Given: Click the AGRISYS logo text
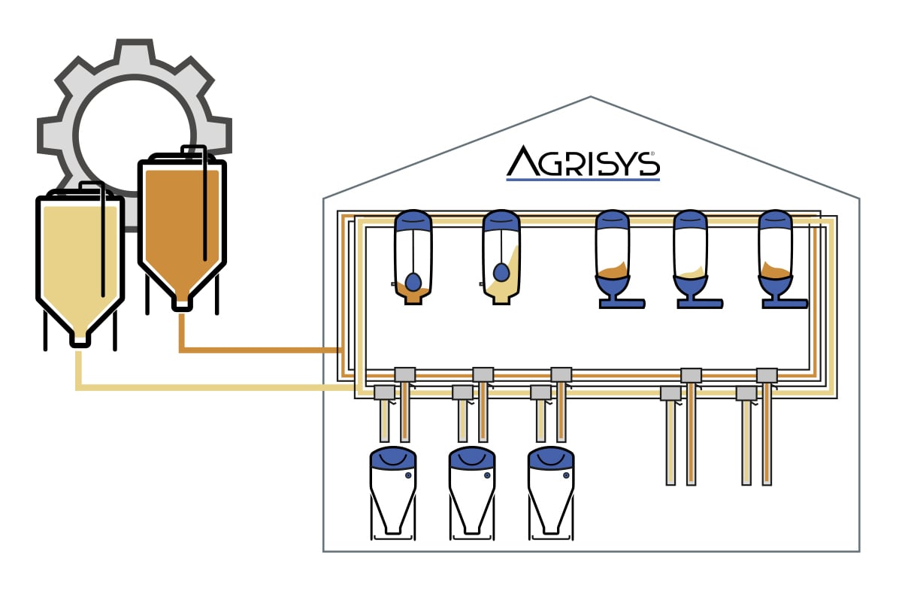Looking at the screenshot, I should point(583,162).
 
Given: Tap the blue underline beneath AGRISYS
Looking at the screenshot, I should point(583,180).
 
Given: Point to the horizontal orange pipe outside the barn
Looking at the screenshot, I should point(259,350).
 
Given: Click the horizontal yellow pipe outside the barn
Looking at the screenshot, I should point(210,387).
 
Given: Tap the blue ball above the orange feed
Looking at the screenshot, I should point(413,282).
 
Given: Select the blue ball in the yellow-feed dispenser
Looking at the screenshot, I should point(501,271).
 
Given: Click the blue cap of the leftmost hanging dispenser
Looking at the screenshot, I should point(413,220).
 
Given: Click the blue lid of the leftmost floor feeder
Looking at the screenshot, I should point(393,456).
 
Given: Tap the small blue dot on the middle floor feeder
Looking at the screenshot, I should point(487,475).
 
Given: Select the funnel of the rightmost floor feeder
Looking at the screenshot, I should point(550,511).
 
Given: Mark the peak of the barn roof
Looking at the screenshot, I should point(591,98).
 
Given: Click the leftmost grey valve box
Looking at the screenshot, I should point(384,392).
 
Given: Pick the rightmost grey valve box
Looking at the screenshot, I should point(767,374).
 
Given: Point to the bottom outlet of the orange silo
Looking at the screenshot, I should point(181,305).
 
